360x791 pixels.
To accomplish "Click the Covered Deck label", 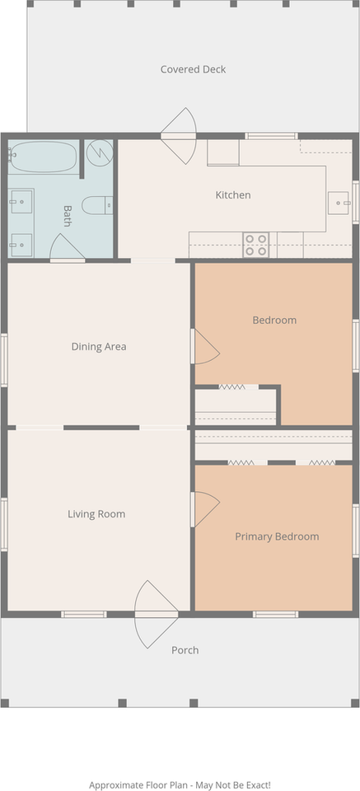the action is (x=193, y=69).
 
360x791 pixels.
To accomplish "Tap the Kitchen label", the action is (x=233, y=194).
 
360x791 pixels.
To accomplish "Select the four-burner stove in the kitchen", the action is (x=255, y=245).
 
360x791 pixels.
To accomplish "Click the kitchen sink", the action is (x=339, y=203).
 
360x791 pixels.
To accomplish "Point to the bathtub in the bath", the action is (x=43, y=157).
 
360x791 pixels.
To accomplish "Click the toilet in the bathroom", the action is (x=98, y=205).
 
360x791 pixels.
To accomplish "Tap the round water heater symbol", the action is (x=100, y=152).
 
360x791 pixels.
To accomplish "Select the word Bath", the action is (x=67, y=216).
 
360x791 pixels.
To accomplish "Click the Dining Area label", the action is (x=99, y=347).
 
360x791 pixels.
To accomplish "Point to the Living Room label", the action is (x=96, y=514).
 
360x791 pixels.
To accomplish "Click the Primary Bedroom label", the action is (x=277, y=536).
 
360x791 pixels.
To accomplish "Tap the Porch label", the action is (x=185, y=650).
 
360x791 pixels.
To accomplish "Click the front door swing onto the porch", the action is (x=156, y=615).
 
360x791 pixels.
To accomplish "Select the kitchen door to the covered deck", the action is (x=178, y=135).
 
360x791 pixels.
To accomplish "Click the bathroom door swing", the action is (x=67, y=248).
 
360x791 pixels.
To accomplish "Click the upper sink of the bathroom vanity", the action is (x=21, y=201).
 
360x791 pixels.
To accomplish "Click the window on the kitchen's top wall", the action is (x=271, y=136).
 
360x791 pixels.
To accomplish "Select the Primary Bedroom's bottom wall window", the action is (x=275, y=614).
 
